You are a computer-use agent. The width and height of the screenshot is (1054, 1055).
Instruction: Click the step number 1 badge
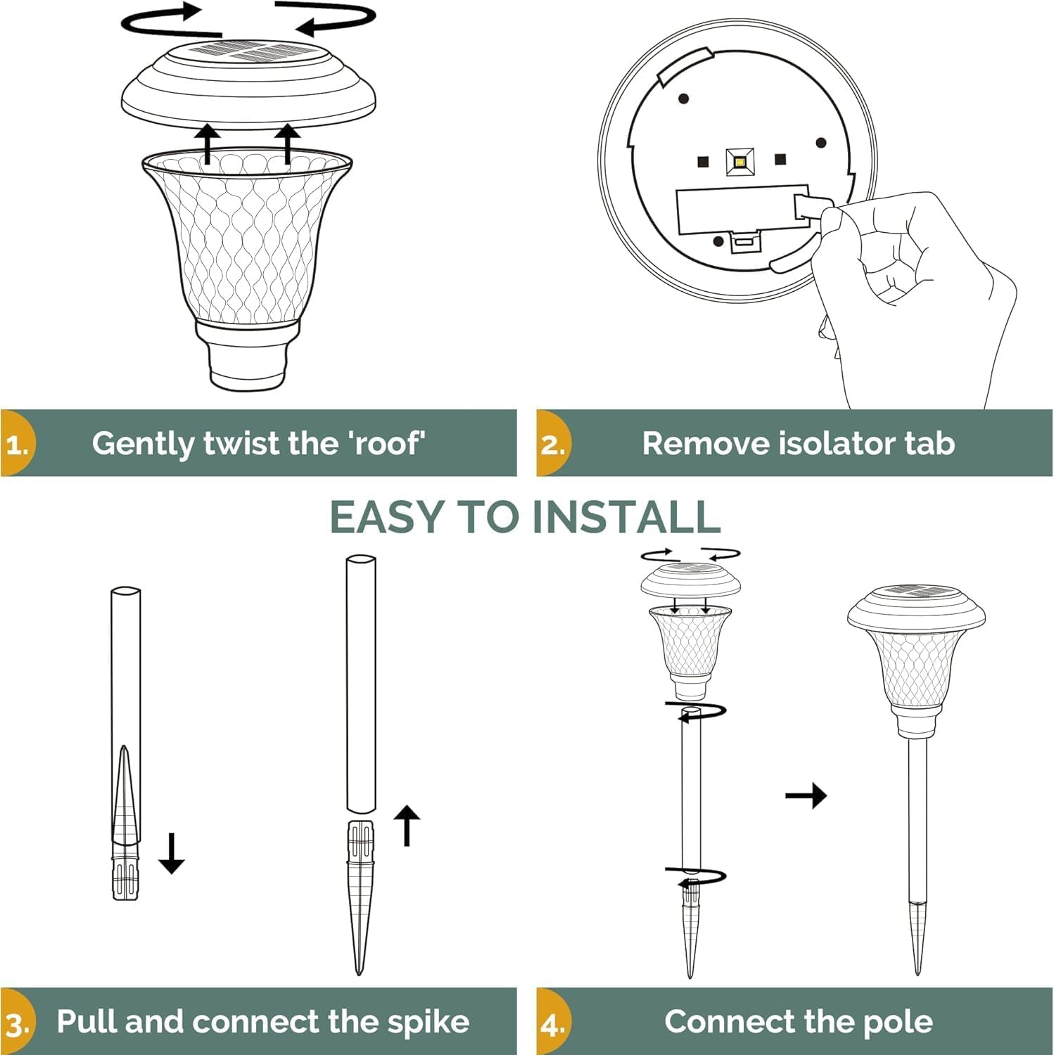click(17, 445)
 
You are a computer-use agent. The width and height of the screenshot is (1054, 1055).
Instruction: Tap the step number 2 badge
click(552, 445)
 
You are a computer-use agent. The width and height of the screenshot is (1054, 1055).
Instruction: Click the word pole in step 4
click(897, 1022)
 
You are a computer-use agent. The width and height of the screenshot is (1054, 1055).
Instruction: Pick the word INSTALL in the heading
click(626, 517)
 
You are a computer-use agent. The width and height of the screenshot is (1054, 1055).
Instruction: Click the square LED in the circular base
click(739, 162)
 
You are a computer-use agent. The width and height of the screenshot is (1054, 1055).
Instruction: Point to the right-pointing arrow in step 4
click(806, 796)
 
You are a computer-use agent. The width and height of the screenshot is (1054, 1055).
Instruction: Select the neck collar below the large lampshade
click(248, 355)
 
